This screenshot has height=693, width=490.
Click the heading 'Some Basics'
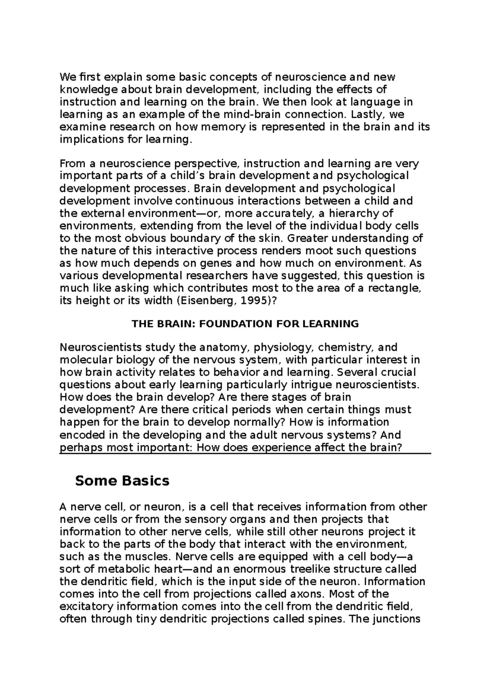[x=122, y=481]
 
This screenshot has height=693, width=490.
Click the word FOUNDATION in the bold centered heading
[x=233, y=324]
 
